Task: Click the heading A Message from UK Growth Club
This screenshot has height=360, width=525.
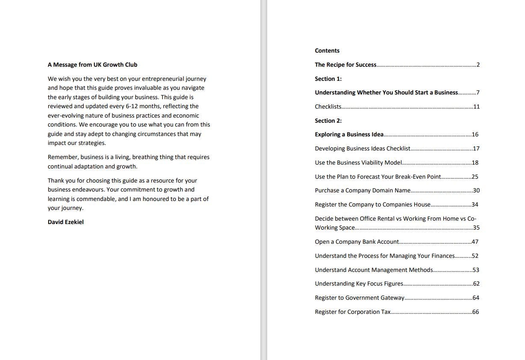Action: (92, 65)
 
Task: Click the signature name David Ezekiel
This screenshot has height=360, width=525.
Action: (65, 222)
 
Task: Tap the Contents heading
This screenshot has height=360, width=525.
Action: (327, 50)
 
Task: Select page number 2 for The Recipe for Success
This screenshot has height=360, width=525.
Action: (478, 65)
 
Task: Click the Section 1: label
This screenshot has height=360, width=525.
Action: (328, 79)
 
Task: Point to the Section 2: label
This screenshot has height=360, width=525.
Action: (328, 121)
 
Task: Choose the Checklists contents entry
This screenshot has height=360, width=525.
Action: (328, 106)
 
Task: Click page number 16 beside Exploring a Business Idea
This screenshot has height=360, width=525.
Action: (475, 134)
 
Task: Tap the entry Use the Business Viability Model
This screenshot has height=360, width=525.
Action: (358, 162)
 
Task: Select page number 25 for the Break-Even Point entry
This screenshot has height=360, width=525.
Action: (475, 177)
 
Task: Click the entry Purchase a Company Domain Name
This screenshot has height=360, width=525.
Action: (363, 190)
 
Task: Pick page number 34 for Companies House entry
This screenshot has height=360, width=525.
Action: (475, 204)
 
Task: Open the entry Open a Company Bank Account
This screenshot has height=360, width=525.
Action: (357, 242)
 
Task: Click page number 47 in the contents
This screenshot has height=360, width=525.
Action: (475, 242)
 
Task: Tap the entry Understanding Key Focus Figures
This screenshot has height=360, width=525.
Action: (359, 283)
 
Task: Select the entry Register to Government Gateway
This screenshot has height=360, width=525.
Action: (359, 298)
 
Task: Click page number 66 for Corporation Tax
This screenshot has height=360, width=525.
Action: (475, 312)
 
